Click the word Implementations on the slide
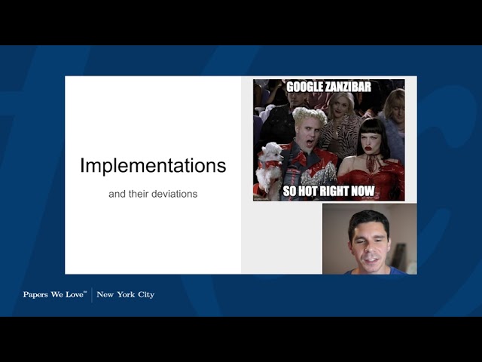pos(153,166)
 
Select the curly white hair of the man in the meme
pos(309,115)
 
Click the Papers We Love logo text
pos(54,294)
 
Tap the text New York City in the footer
pos(125,294)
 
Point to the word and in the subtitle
pos(117,194)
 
